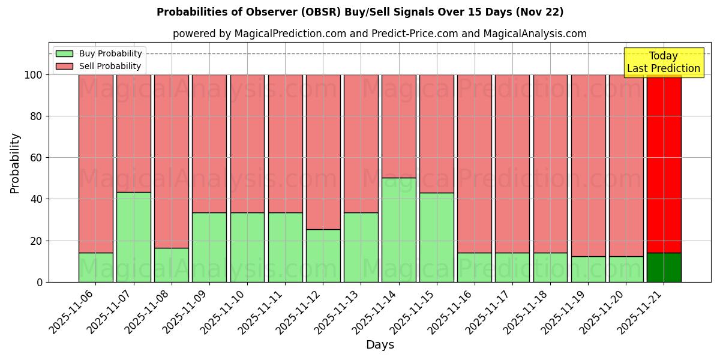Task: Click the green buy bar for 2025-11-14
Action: pyautogui.click(x=398, y=230)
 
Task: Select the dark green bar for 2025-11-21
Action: pyautogui.click(x=664, y=268)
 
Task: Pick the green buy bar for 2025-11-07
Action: pyautogui.click(x=133, y=237)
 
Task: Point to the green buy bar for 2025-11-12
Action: pyautogui.click(x=323, y=256)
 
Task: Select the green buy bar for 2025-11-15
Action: pyautogui.click(x=436, y=237)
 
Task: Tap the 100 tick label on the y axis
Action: pyautogui.click(x=32, y=75)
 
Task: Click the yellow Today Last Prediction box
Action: pyautogui.click(x=663, y=62)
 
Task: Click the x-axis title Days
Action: pyautogui.click(x=380, y=345)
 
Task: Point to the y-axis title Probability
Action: pyautogui.click(x=15, y=163)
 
